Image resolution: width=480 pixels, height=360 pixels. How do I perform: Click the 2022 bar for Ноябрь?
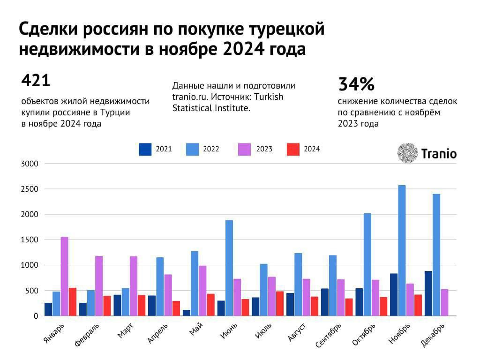402,250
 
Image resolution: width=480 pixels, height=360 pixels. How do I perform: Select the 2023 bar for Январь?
64,276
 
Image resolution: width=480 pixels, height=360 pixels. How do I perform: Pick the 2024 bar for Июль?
280,304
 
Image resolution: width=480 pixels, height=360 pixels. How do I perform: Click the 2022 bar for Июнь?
229,268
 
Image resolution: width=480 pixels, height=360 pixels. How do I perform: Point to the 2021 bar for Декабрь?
428,293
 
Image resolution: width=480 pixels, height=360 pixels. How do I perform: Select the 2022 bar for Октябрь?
367,264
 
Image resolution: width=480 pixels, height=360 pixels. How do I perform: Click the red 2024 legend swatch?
293,149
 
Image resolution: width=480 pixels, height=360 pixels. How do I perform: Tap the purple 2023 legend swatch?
245,149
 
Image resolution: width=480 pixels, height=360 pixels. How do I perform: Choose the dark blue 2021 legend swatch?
145,149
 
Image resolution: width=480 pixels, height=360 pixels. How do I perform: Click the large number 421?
36,81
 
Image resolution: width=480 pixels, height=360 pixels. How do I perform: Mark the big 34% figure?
356,84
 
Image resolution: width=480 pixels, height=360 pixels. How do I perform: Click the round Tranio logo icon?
407,153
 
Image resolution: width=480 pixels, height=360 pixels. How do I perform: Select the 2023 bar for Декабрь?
444,302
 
